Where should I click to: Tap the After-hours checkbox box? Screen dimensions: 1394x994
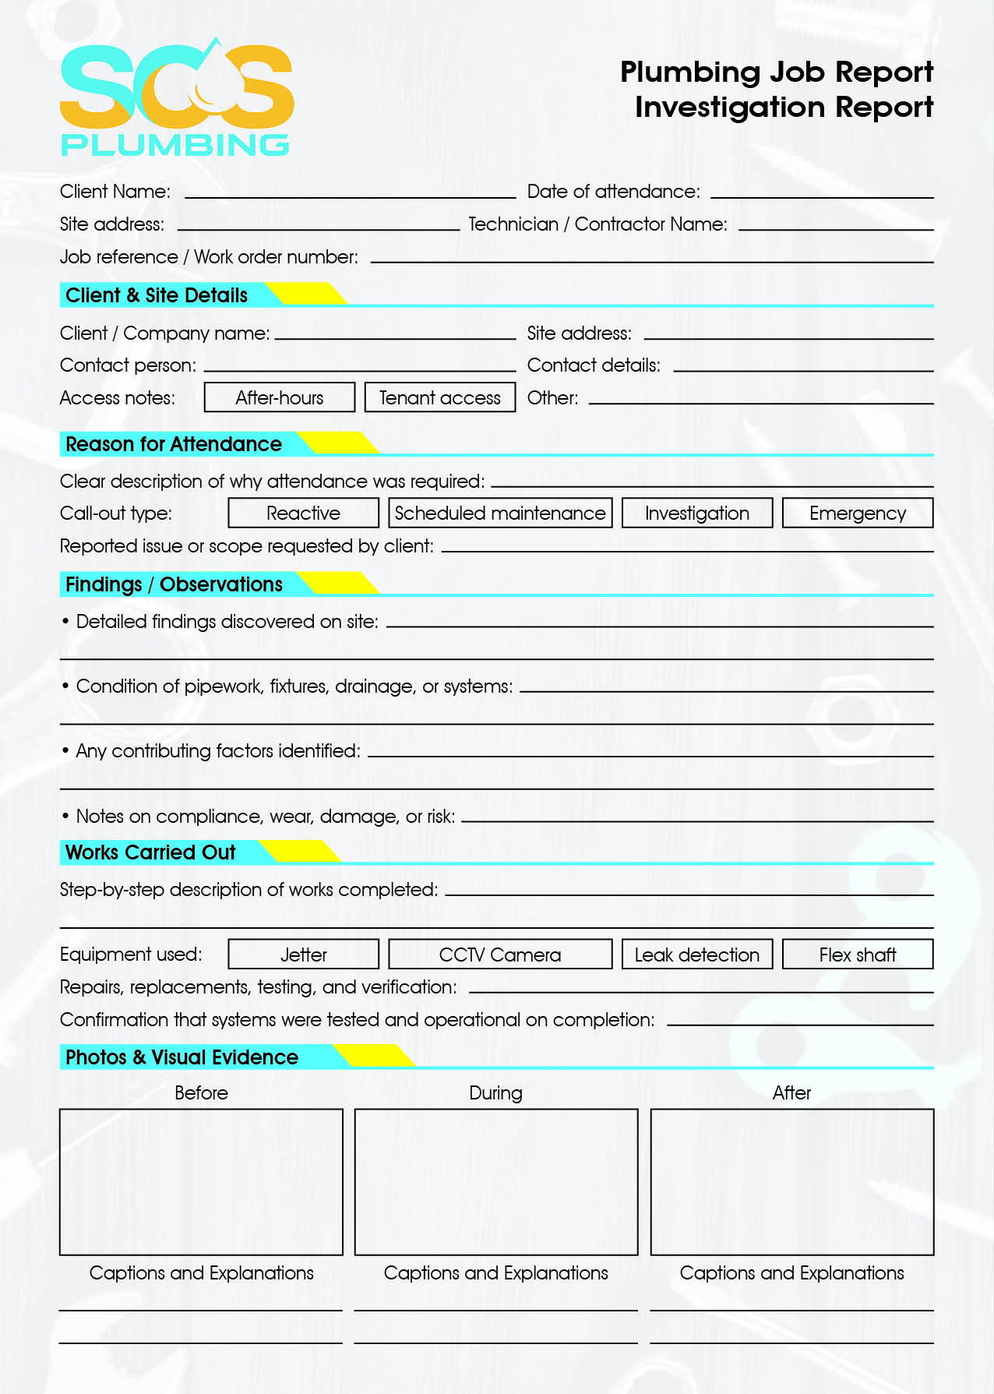(x=280, y=397)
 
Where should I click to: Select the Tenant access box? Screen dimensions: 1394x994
(x=439, y=397)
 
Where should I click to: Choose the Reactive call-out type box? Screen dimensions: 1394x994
(x=303, y=513)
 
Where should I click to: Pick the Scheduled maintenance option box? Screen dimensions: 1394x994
(x=500, y=513)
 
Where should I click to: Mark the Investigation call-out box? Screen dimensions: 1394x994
(x=697, y=513)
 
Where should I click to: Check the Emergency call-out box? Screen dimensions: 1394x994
(x=857, y=513)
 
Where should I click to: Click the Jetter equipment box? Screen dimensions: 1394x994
(x=303, y=954)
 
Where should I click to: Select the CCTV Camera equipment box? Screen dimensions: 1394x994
(x=500, y=954)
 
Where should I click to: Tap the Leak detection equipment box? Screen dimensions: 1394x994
(x=697, y=954)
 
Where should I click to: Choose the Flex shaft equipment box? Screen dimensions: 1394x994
(x=857, y=954)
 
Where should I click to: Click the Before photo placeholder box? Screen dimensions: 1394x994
(x=201, y=1181)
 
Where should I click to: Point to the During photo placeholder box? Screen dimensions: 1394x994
(x=496, y=1181)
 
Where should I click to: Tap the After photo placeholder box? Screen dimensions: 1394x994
(x=791, y=1181)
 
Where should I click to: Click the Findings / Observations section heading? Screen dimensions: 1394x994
(x=174, y=584)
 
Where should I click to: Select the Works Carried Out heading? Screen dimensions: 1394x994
(x=150, y=852)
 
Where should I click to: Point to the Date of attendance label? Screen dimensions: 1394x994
(x=613, y=192)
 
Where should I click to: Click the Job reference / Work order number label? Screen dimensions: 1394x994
(x=209, y=257)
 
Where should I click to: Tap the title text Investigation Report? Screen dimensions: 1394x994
(x=784, y=107)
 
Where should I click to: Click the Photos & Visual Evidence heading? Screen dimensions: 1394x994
(x=182, y=1057)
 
